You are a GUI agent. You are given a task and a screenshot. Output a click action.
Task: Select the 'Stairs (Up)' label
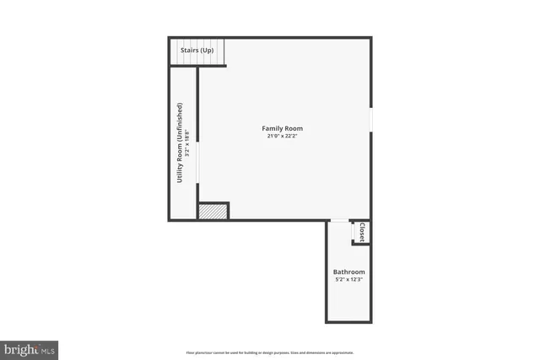pyautogui.click(x=197, y=51)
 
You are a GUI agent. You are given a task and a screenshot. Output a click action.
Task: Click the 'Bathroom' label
pyautogui.click(x=348, y=271)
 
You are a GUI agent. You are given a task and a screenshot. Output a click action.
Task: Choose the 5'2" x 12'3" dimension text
pyautogui.click(x=348, y=279)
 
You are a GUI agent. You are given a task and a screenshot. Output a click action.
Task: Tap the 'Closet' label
pyautogui.click(x=361, y=232)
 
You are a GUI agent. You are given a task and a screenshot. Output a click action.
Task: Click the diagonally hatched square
pyautogui.click(x=213, y=211)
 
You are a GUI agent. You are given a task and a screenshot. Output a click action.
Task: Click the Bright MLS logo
pyautogui.click(x=30, y=347)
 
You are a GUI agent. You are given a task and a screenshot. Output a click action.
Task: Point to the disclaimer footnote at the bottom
pyautogui.click(x=270, y=352)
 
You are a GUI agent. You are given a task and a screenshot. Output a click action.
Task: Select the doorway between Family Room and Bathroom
pyautogui.click(x=338, y=220)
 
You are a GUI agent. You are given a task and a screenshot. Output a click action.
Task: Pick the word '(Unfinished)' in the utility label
pyautogui.click(x=180, y=126)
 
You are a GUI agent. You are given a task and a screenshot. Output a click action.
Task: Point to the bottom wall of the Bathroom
pyautogui.click(x=348, y=321)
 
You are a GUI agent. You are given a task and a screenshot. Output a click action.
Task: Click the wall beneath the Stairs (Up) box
pyautogui.click(x=199, y=66)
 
